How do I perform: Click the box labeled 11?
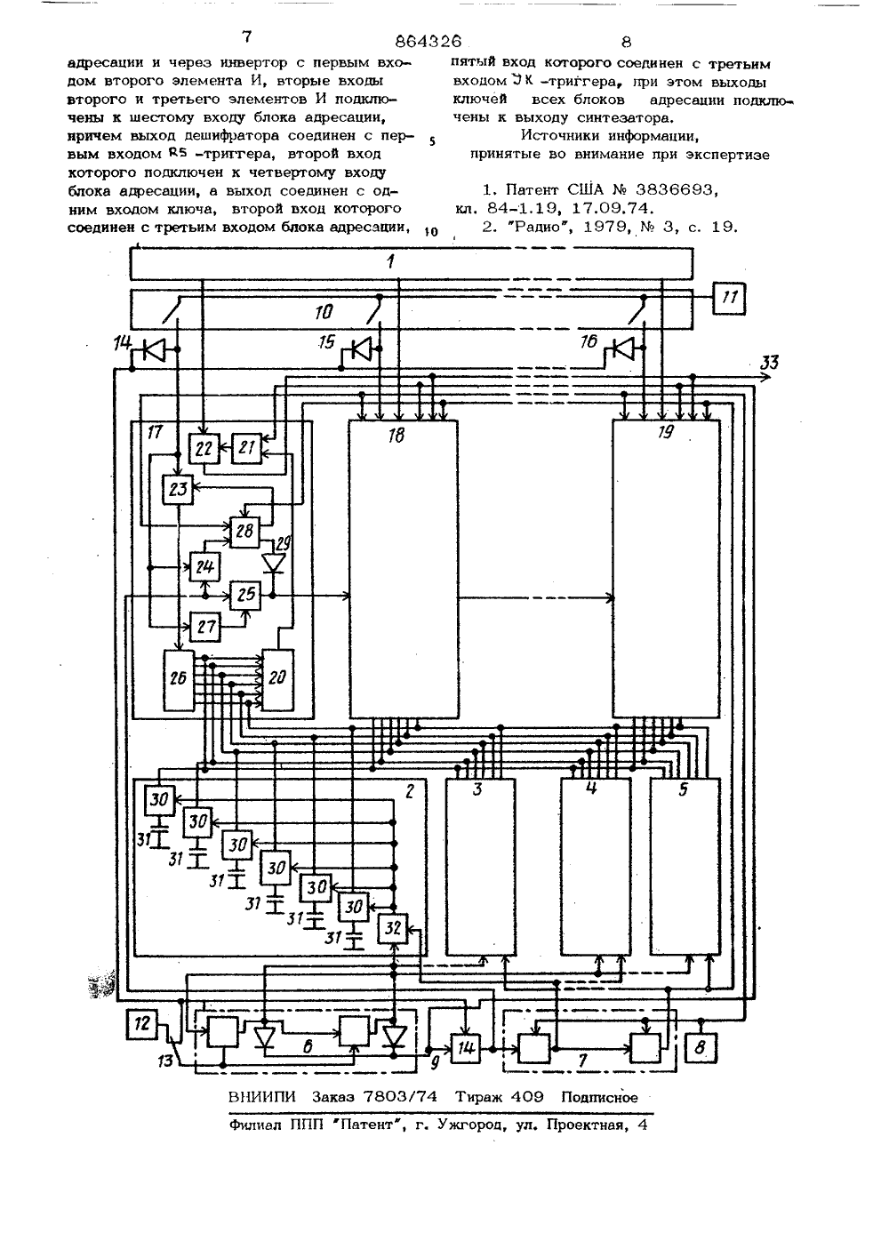click(x=729, y=298)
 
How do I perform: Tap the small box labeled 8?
click(x=701, y=1047)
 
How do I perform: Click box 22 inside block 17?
click(x=204, y=448)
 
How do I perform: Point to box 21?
click(x=247, y=448)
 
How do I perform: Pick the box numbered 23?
click(x=177, y=489)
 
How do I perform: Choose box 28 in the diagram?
click(x=244, y=532)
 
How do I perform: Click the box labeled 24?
click(x=204, y=568)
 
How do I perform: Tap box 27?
click(x=205, y=626)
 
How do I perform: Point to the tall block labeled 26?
click(x=179, y=679)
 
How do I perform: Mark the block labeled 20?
click(x=278, y=679)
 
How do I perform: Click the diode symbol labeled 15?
click(x=363, y=350)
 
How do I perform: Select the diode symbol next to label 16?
click(x=623, y=348)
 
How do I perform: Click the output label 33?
click(x=770, y=363)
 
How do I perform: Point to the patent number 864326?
click(x=428, y=42)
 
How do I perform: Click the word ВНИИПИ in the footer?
click(x=265, y=1096)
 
